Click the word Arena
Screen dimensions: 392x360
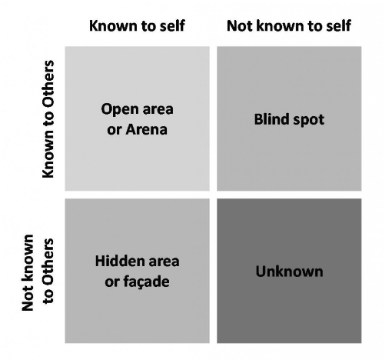pyautogui.click(x=146, y=129)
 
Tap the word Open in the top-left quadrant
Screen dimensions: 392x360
pyautogui.click(x=120, y=110)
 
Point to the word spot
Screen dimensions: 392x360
pyautogui.click(x=309, y=120)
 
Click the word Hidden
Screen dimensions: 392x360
pyautogui.click(x=118, y=261)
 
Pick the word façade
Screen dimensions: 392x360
pyautogui.click(x=147, y=282)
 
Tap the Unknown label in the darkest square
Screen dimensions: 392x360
pyautogui.click(x=289, y=272)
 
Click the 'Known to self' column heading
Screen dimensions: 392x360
pyautogui.click(x=137, y=25)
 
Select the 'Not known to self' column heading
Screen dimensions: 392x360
pyautogui.click(x=289, y=25)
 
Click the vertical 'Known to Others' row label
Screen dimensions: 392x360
pyautogui.click(x=48, y=119)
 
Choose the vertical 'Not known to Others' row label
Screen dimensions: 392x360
pyautogui.click(x=38, y=272)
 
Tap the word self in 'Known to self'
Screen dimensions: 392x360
pyautogui.click(x=172, y=25)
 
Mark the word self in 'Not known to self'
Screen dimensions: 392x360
pyautogui.click(x=338, y=25)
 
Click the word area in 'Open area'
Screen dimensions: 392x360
pyautogui.click(x=158, y=110)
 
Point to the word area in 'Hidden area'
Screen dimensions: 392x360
pyautogui.click(x=164, y=262)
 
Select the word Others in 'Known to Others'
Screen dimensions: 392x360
pyautogui.click(x=48, y=85)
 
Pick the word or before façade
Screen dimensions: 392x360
pyautogui.click(x=112, y=282)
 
